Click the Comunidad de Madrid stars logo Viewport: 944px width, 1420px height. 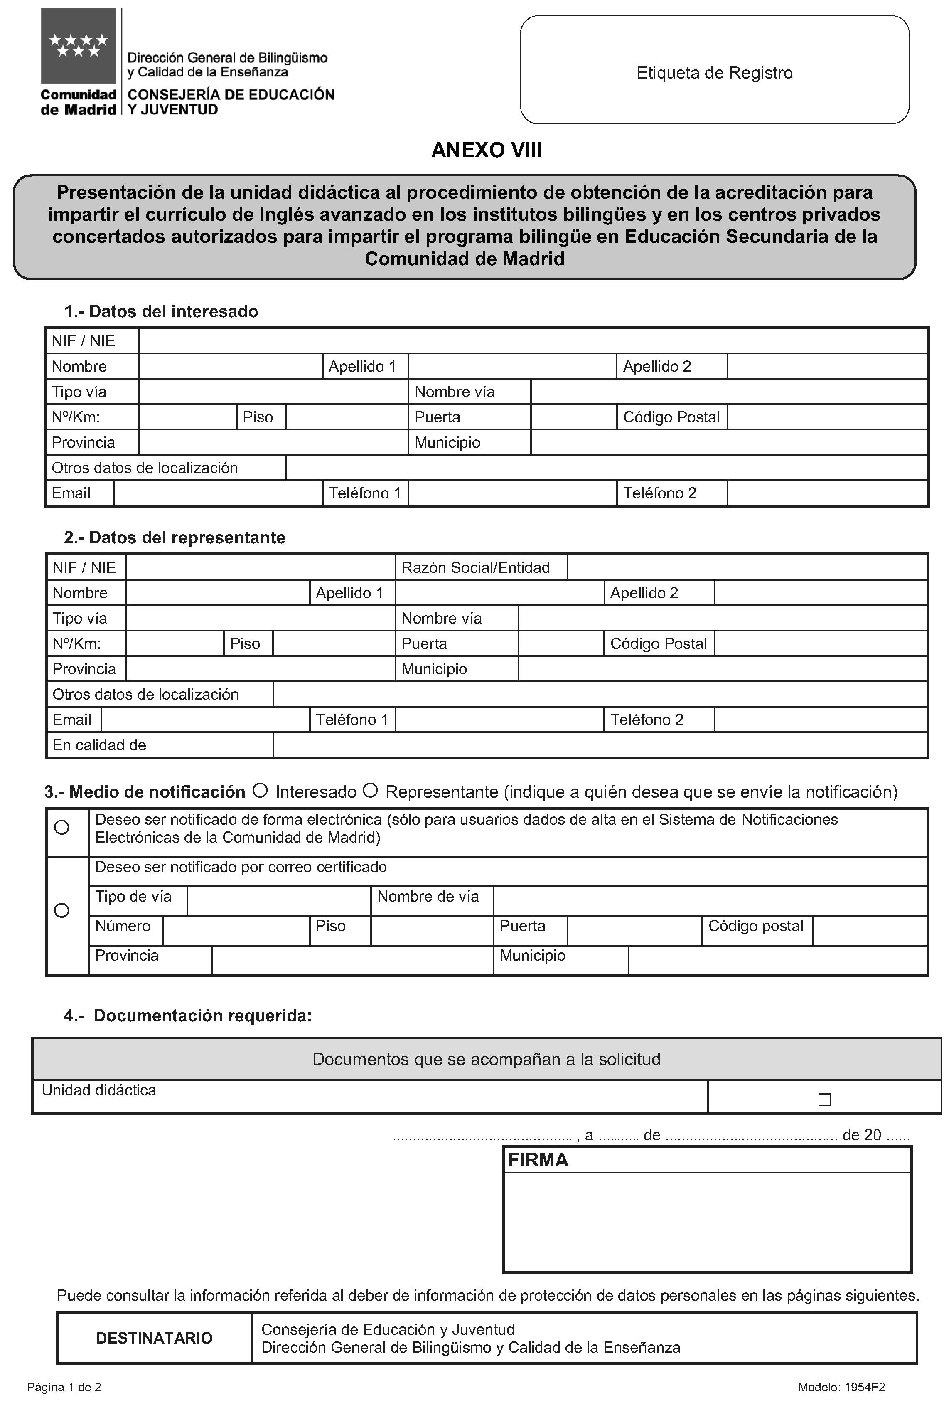coord(78,46)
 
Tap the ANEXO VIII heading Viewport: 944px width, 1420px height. coord(487,150)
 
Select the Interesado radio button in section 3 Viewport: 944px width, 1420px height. coord(260,790)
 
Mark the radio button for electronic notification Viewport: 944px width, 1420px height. coord(61,827)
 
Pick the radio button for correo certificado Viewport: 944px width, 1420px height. coord(61,910)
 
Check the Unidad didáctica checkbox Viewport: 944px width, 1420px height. coord(824,1100)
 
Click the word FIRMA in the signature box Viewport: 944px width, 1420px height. coord(538,1160)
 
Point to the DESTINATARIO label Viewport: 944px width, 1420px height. coord(154,1338)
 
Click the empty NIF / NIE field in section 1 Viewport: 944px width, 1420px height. coord(532,341)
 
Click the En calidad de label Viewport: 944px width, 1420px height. coord(99,745)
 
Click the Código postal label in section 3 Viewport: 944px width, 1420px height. coord(755,926)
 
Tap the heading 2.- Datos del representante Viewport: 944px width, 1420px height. coord(175,537)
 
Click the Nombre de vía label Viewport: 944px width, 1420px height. coord(428,896)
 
